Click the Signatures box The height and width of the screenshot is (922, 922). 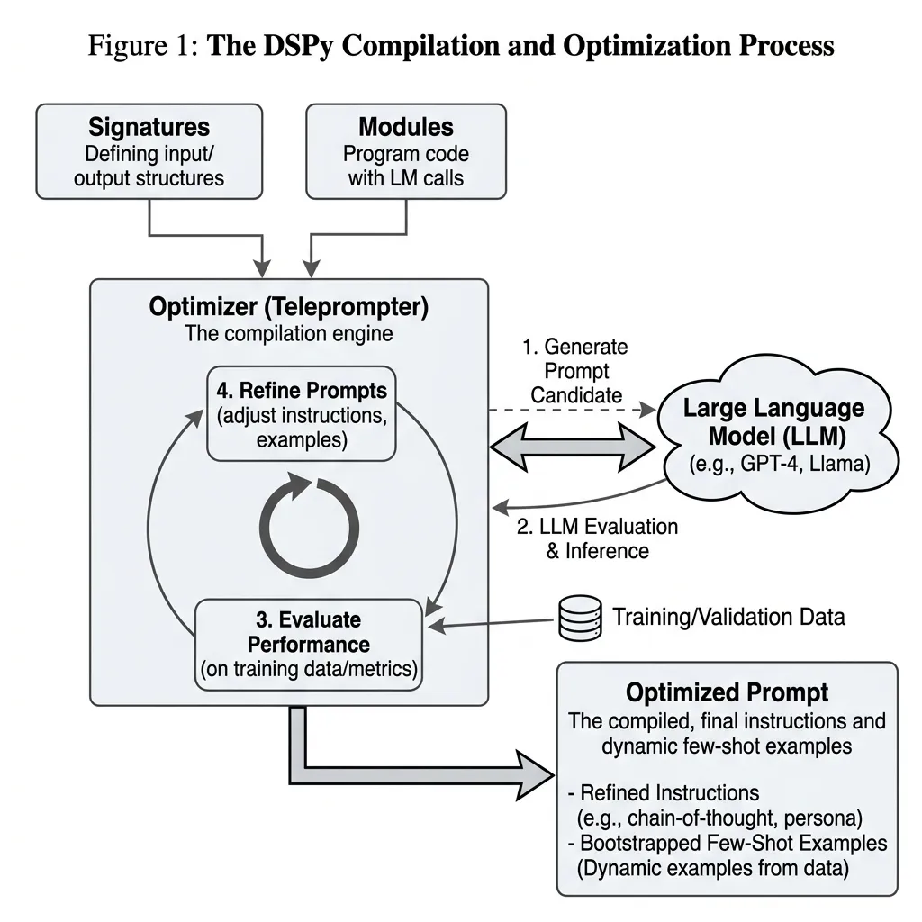pos(149,150)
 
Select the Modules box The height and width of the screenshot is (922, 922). pos(406,150)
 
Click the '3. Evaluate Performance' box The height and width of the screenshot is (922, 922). pos(309,645)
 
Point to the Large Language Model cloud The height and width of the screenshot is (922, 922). pos(773,432)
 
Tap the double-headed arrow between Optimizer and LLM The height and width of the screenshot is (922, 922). pos(572,446)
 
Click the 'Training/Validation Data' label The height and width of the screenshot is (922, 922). pos(728,617)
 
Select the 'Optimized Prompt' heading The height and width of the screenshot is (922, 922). pos(727,692)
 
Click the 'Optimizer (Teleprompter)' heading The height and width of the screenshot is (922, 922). pos(288,306)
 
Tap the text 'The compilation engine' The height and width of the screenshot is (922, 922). pos(288,334)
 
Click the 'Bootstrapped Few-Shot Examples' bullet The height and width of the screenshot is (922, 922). pos(728,844)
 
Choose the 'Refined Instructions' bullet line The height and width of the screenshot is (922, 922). pos(665,793)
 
